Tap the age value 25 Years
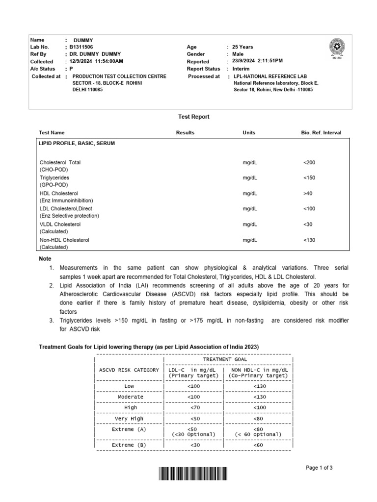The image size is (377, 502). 242,47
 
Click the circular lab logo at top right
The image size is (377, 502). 337,48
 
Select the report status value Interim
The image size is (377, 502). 242,69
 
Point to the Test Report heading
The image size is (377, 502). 193,117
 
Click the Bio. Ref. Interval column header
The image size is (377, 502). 321,133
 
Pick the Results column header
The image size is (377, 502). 185,133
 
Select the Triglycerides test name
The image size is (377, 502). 54,177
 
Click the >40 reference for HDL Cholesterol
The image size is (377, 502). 308,194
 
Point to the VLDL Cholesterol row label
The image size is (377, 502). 60,225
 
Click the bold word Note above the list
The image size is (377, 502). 45,259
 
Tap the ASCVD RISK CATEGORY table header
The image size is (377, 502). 129,370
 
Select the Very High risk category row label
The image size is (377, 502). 129,419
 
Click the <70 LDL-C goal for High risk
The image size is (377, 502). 193,407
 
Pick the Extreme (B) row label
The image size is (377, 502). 129,445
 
